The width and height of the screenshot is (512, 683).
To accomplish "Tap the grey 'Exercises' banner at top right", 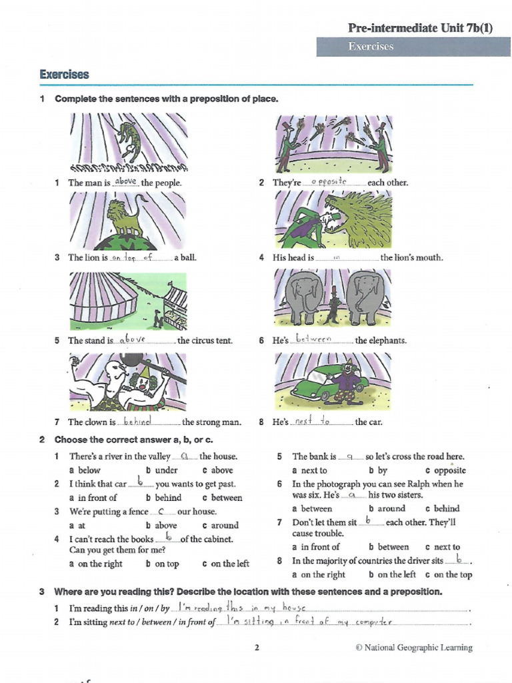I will [371, 46].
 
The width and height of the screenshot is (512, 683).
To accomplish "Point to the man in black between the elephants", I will [333, 306].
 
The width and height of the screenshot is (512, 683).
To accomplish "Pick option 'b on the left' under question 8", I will [392, 574].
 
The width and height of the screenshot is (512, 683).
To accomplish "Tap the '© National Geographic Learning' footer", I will [413, 647].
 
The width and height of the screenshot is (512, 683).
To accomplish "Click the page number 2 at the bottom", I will [257, 647].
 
